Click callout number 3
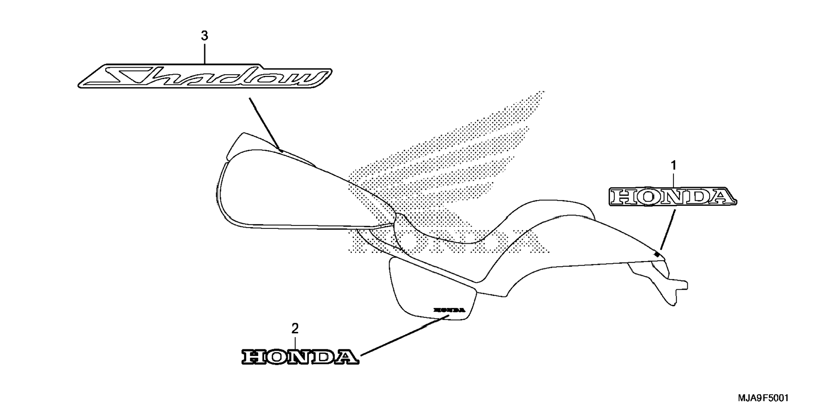[x=204, y=36]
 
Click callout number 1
[x=674, y=165]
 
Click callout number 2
[x=295, y=328]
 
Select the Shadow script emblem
[x=205, y=77]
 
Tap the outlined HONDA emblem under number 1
[x=673, y=197]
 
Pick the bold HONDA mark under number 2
[x=300, y=357]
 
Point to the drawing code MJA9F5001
[x=763, y=398]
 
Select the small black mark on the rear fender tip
[x=656, y=254]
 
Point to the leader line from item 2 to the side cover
[x=401, y=336]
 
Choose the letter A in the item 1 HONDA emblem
[x=721, y=197]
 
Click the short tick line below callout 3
[x=205, y=53]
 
